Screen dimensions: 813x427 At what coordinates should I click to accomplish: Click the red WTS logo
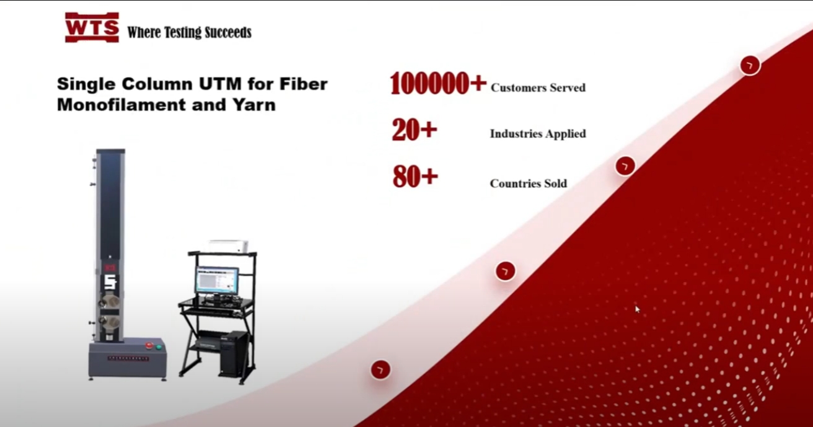pos(92,28)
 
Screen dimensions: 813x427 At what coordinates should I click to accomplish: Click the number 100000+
pos(438,83)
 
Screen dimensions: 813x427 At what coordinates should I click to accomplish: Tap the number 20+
pos(415,130)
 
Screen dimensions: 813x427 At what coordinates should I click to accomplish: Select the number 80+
pos(415,177)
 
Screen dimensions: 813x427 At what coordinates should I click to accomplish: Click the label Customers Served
pos(538,88)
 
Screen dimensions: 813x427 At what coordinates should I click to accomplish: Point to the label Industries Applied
pos(538,134)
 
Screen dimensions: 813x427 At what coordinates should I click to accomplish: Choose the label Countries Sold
pos(529,183)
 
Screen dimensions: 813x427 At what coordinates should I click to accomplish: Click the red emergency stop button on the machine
pos(149,345)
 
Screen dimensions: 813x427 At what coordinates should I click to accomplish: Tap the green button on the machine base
pos(159,347)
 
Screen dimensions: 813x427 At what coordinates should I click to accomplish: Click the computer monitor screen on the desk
pos(217,280)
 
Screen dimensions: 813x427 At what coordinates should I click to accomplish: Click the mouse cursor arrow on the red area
pos(638,309)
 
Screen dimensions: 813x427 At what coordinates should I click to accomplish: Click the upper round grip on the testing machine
pos(109,302)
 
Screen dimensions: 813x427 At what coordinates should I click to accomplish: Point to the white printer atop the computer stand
pos(228,246)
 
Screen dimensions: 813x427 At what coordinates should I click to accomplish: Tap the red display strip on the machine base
pos(128,359)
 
